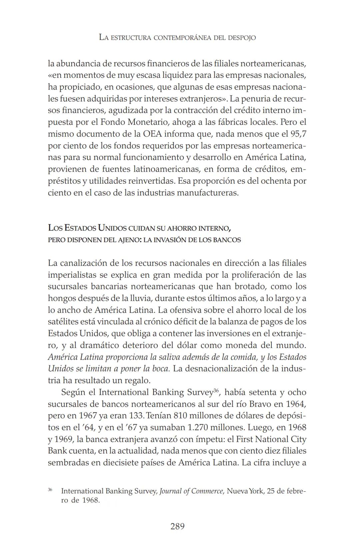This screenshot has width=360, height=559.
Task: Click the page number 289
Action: point(177,527)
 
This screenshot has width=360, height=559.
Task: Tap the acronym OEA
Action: point(152,134)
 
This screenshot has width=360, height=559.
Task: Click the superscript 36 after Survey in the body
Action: point(216,390)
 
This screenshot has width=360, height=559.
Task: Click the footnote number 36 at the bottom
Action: point(50,490)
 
